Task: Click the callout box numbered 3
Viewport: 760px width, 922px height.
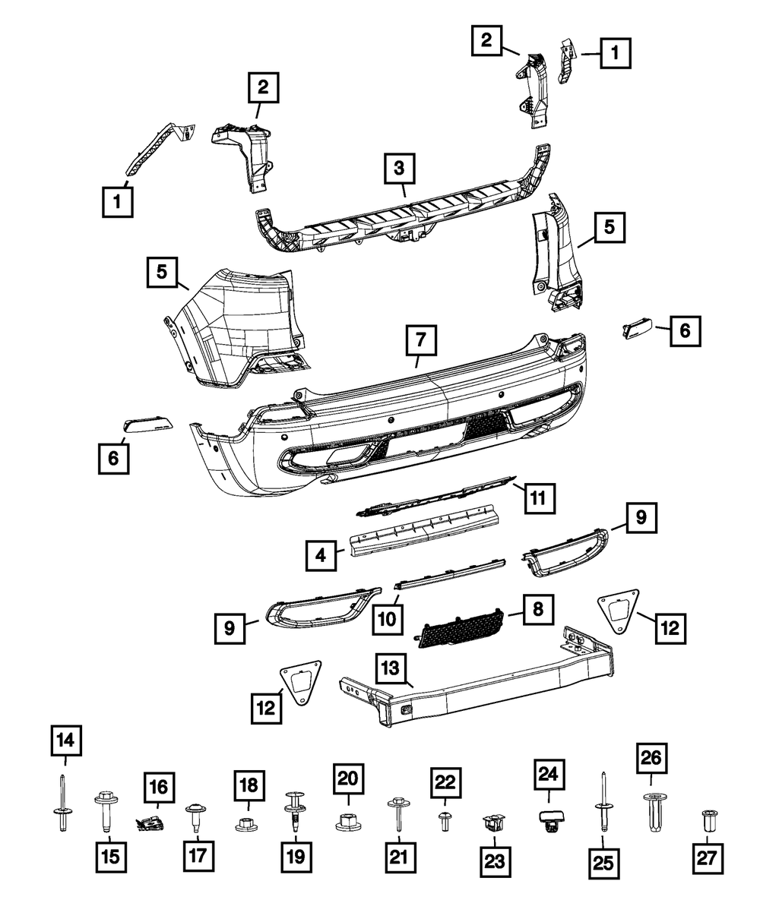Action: (400, 169)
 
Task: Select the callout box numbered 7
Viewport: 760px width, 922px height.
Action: (422, 340)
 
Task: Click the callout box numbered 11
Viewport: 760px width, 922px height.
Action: (537, 498)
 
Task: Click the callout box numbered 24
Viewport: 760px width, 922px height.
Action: (549, 775)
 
